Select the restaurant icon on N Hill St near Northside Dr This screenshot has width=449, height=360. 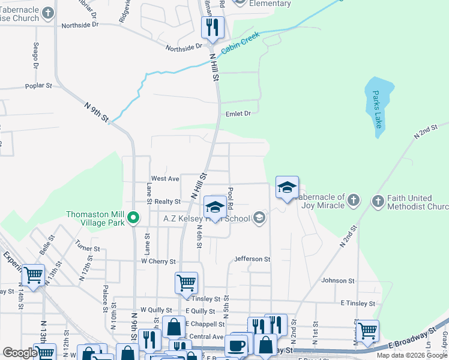click(212, 28)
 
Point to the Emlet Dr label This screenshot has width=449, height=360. click(238, 113)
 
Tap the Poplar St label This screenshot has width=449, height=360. click(39, 86)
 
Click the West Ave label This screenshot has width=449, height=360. click(165, 179)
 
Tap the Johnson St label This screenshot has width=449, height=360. click(338, 281)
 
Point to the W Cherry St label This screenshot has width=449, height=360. click(158, 262)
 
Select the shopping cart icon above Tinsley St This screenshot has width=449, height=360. click(186, 282)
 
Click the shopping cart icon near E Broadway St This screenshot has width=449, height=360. click(367, 329)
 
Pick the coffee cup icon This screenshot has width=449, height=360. click(237, 346)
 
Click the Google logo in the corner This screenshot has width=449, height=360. click(20, 353)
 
